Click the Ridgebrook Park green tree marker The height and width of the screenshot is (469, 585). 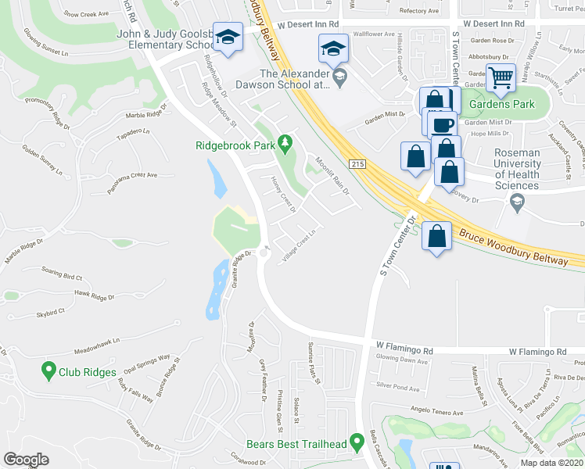point(285,141)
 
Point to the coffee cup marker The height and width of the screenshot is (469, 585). point(443,124)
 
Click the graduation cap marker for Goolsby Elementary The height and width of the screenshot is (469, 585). point(228,38)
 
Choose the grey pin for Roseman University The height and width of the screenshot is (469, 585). point(516,203)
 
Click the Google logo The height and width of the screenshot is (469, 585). point(27,460)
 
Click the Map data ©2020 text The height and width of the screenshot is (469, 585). point(552,463)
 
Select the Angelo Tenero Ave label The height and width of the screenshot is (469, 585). point(437,412)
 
